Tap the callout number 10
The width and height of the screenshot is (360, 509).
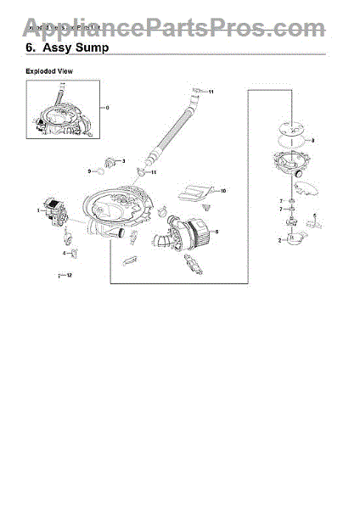click(x=222, y=192)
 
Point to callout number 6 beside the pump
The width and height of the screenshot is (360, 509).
click(x=217, y=231)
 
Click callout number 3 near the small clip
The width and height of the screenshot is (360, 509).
click(x=124, y=160)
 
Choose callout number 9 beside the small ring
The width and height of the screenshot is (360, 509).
click(x=89, y=171)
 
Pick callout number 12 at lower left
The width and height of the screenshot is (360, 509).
click(x=70, y=276)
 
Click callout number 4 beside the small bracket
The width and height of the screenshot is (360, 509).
click(x=63, y=253)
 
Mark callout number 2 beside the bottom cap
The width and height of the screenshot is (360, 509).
click(x=279, y=242)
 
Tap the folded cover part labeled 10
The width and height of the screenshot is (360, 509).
click(x=197, y=191)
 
